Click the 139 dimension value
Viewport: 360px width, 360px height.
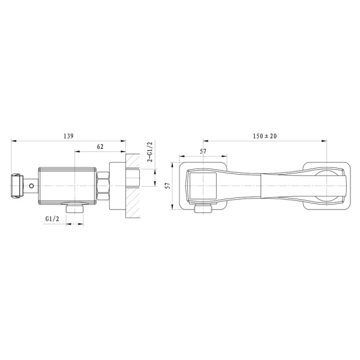coord(68,136)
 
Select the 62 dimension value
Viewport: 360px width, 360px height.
coord(100,146)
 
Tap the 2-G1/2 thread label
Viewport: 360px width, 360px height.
coord(150,152)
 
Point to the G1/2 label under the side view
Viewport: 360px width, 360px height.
coord(52,219)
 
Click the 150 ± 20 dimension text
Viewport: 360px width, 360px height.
coord(265,136)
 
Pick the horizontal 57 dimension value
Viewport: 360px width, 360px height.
coord(203,151)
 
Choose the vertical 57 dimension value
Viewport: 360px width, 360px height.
coord(168,185)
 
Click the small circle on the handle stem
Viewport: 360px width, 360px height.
coord(31,185)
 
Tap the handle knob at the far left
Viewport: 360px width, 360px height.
coord(17,185)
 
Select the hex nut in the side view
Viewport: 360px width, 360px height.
coord(103,185)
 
